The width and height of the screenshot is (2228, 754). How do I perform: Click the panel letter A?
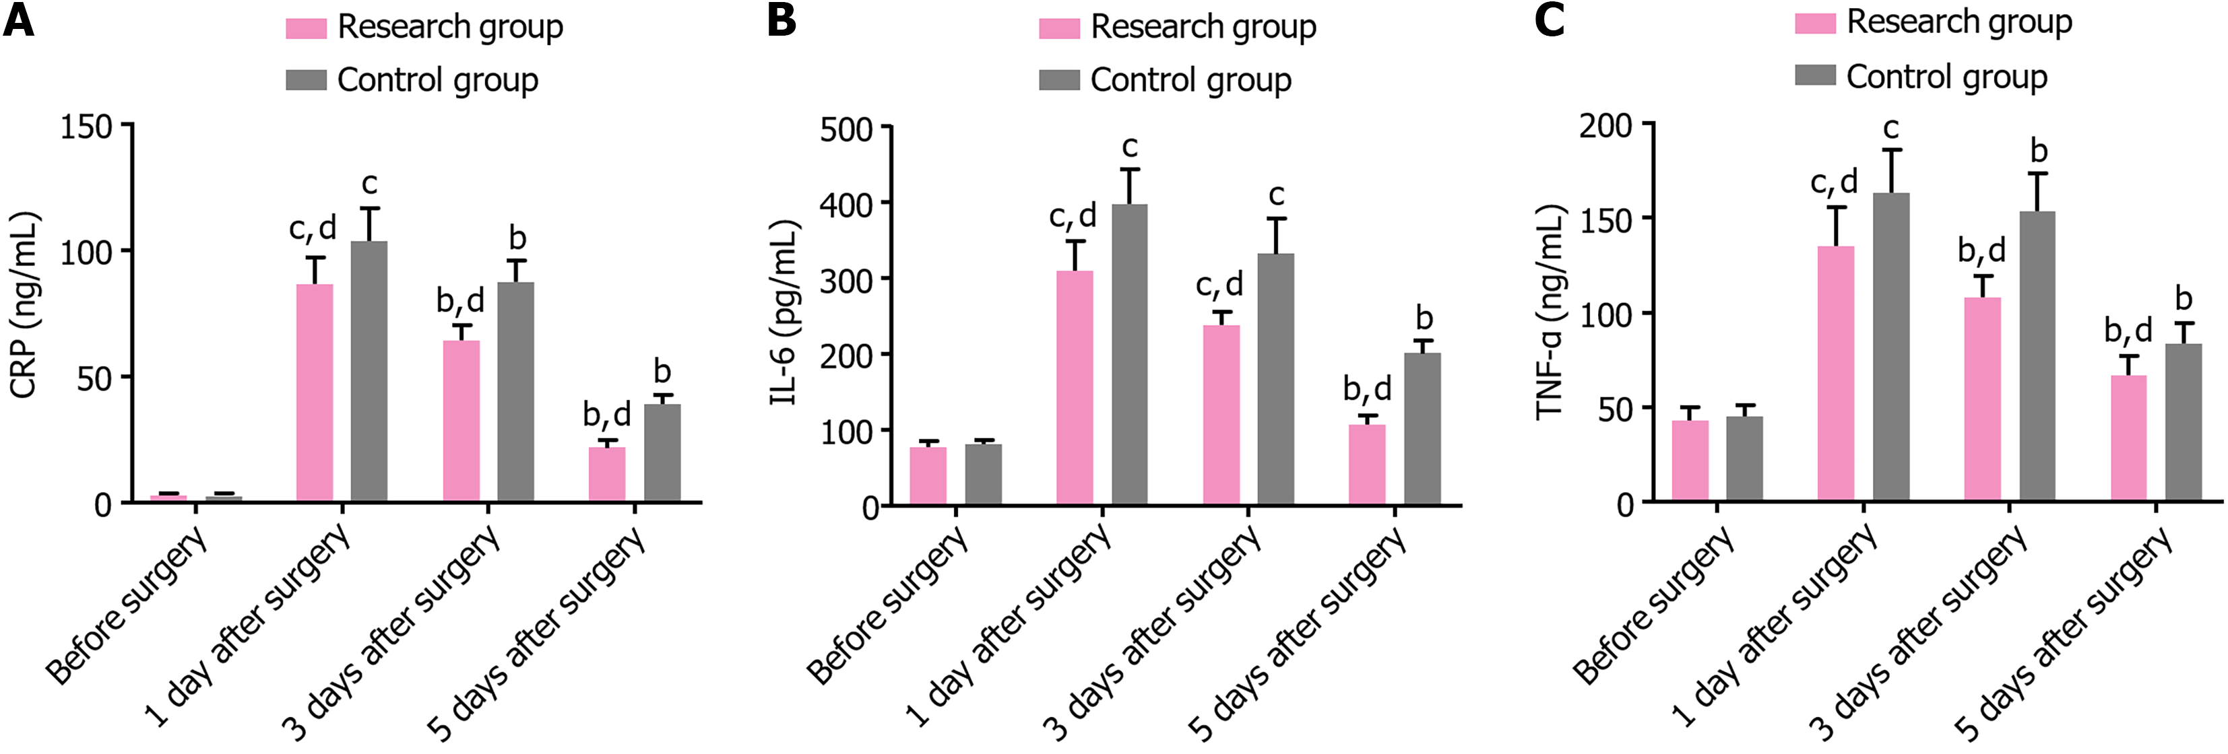pos(19,21)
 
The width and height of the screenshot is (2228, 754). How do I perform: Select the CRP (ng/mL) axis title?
pos(24,305)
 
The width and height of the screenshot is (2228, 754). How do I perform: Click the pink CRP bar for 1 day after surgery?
pos(315,393)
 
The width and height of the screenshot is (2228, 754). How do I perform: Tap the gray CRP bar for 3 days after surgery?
pos(515,392)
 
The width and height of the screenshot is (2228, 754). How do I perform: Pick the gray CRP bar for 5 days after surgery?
pos(662,453)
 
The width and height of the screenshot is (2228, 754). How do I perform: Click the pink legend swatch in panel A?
pos(306,28)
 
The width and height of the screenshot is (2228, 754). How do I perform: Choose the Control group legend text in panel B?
pos(1190,80)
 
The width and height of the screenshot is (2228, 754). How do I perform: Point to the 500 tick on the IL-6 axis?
pos(846,130)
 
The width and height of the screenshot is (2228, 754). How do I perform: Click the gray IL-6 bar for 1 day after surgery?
pos(1130,355)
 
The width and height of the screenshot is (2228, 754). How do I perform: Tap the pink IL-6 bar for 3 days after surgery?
pos(1221,415)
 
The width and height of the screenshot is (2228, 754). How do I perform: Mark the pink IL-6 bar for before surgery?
pos(928,475)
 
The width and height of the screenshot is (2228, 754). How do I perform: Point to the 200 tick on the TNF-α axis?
pos(1605,127)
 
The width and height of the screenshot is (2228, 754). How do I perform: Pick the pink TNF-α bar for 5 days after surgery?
pos(2128,438)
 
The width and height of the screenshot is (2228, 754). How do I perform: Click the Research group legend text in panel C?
pos(1959,22)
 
